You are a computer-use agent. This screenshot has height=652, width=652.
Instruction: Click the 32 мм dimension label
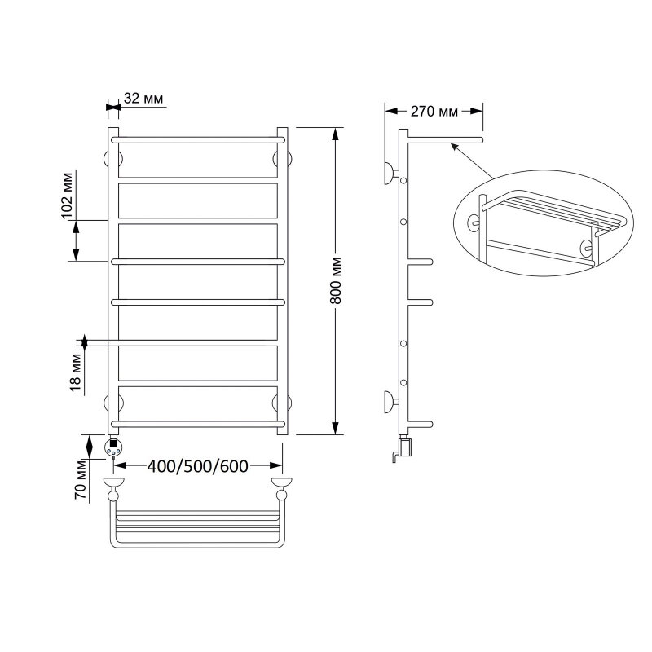tap(143, 99)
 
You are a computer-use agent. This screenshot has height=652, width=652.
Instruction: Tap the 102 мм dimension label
tap(68, 195)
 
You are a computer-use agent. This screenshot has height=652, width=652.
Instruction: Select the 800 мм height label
tap(337, 280)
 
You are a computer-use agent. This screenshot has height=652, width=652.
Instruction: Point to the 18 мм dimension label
tap(76, 372)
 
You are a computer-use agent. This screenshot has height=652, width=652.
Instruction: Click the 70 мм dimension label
tap(80, 479)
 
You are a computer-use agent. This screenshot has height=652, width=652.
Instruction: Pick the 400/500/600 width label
tap(198, 466)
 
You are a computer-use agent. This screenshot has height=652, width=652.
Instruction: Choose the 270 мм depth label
tap(434, 112)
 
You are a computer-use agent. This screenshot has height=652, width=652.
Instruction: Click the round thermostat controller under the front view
tap(113, 447)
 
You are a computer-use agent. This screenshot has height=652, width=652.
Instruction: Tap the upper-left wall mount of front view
tap(113, 159)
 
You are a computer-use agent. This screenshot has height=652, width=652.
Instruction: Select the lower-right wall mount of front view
tap(282, 403)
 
